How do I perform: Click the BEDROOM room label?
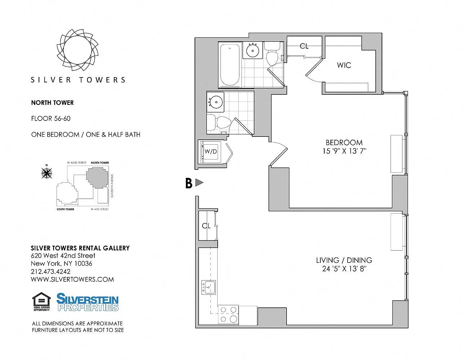(x=344, y=143)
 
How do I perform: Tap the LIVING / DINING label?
(x=344, y=260)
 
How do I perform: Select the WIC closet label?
(x=344, y=65)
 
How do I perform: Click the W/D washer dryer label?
(x=210, y=151)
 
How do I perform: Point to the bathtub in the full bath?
(x=230, y=65)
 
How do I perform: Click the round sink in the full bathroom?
(x=253, y=51)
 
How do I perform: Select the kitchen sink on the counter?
(x=209, y=287)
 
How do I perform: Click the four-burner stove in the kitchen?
(x=228, y=315)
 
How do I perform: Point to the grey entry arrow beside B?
(x=199, y=183)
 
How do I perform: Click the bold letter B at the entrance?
(x=189, y=183)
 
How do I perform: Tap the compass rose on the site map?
(x=47, y=173)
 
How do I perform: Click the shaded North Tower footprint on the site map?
(x=97, y=177)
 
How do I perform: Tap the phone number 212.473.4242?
(x=50, y=271)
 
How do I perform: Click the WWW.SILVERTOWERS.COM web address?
(x=72, y=279)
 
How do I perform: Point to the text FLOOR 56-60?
(x=51, y=118)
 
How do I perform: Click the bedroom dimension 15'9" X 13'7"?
(x=344, y=151)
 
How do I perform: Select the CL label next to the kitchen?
(x=206, y=226)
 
